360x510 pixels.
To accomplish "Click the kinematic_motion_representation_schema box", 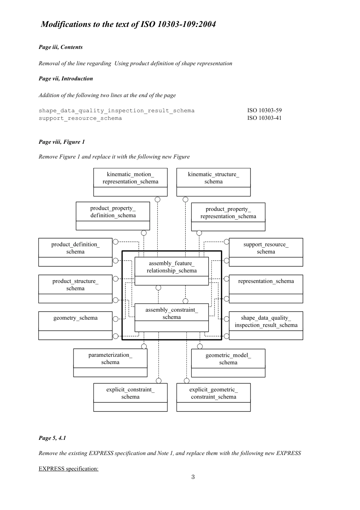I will click(x=130, y=182).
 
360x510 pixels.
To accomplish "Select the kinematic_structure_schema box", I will click(x=213, y=182).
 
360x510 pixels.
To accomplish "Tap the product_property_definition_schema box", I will click(x=113, y=216).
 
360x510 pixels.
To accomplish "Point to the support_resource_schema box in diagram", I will click(x=266, y=252).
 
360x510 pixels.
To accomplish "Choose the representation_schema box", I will click(x=266, y=289).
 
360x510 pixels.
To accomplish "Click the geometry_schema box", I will click(x=75, y=325).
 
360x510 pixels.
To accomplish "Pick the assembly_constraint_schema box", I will click(x=172, y=317).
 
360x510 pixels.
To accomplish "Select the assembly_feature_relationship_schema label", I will click(x=172, y=267).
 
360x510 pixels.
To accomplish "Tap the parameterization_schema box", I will click(x=110, y=362).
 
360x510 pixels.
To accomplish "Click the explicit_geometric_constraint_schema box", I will click(x=213, y=397).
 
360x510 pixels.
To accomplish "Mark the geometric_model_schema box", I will click(x=228, y=363).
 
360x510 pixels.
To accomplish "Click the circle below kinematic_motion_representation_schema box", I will click(x=158, y=199).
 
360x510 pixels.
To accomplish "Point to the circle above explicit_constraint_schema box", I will click(x=158, y=381).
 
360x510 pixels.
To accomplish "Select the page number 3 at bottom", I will click(x=193, y=477).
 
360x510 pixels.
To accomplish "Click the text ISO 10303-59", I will click(x=265, y=110).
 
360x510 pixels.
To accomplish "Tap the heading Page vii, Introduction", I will click(x=66, y=78).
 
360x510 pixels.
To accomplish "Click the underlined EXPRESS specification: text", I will click(x=69, y=469).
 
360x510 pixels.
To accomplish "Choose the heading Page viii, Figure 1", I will click(x=62, y=142).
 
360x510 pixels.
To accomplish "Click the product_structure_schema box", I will click(x=75, y=289).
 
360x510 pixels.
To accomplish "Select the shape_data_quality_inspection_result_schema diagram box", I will click(x=266, y=325).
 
